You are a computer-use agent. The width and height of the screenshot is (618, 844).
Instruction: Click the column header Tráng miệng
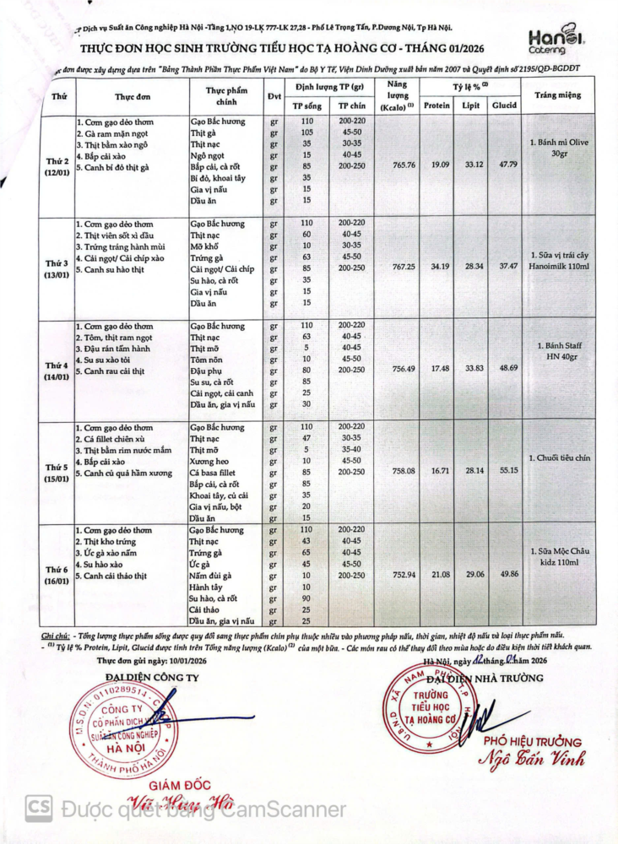click(558, 95)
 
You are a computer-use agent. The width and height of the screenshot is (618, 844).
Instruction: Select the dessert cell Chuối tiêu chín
click(559, 458)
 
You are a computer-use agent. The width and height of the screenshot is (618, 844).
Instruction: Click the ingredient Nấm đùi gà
click(211, 576)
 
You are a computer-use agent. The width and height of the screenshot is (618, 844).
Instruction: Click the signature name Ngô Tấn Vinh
click(531, 759)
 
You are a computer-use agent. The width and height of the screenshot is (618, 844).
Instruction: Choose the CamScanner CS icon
click(38, 809)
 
